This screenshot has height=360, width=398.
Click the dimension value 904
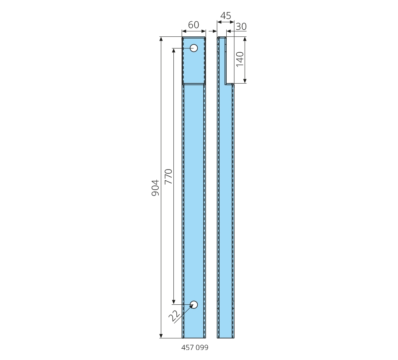click(x=155, y=188)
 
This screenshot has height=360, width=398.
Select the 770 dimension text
click(x=168, y=176)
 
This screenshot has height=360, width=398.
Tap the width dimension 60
click(x=194, y=25)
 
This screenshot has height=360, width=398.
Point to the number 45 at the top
click(x=226, y=16)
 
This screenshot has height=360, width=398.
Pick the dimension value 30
click(x=241, y=26)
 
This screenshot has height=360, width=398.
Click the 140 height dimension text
click(x=240, y=59)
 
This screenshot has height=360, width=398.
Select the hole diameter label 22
click(x=174, y=316)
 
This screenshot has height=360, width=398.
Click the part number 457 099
click(x=195, y=347)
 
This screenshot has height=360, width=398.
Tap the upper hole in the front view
click(x=194, y=48)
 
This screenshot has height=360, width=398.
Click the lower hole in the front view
click(x=194, y=305)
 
